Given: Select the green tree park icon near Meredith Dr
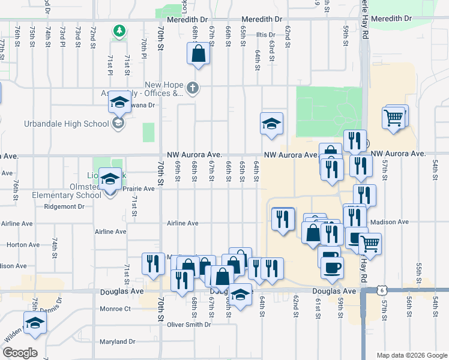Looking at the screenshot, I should (119, 30).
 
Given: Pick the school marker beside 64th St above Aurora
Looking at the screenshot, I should (271, 124).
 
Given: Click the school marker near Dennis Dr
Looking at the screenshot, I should (35, 323).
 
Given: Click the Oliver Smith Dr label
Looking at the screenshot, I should (190, 325).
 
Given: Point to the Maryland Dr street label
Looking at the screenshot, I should (118, 342).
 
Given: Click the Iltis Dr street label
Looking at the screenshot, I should (265, 35).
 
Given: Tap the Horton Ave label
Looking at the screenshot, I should (23, 245).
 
